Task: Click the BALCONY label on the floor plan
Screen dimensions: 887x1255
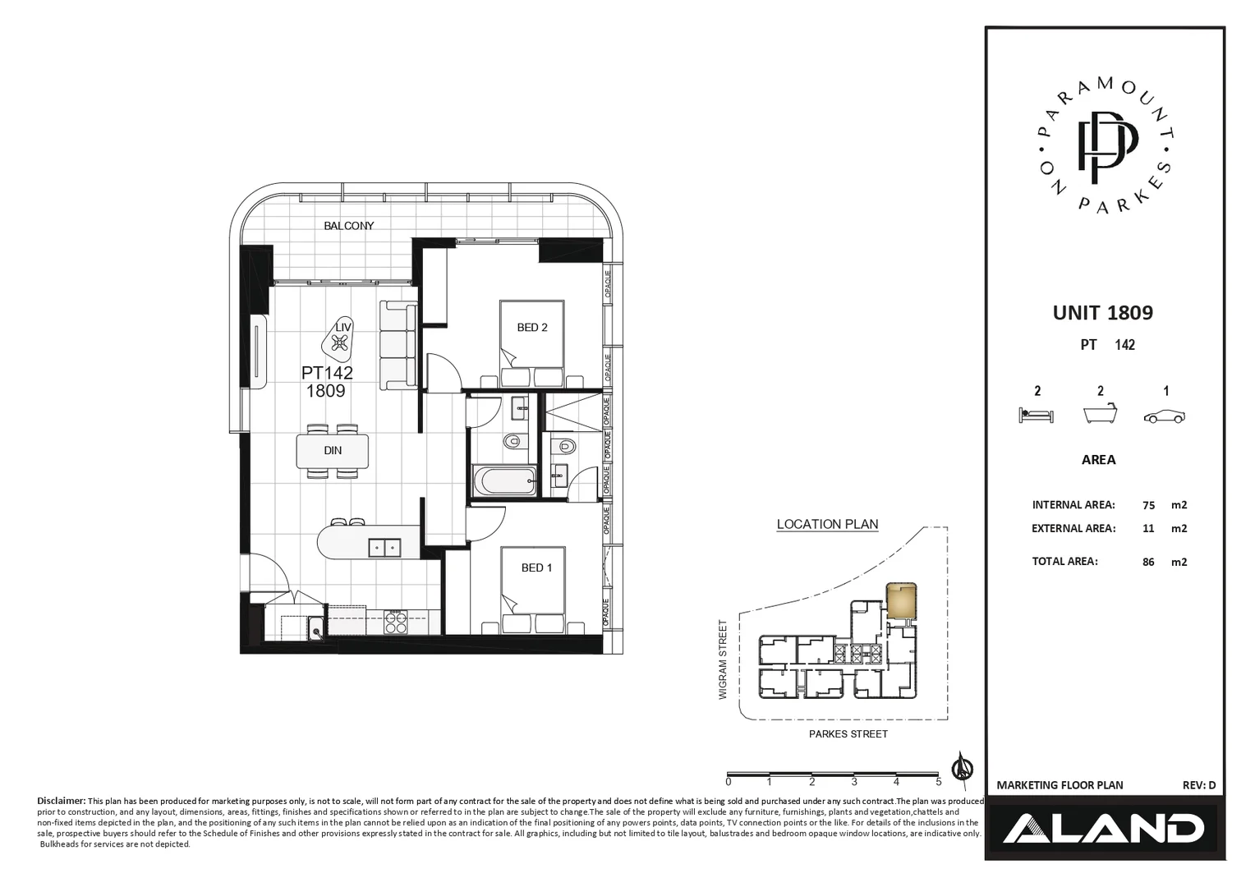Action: point(348,226)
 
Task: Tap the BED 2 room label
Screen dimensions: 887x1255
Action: point(532,328)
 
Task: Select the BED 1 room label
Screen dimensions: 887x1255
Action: point(536,568)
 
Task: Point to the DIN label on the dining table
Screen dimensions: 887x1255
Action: point(333,451)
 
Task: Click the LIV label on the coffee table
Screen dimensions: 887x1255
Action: point(343,328)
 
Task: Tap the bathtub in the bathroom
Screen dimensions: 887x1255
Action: point(504,480)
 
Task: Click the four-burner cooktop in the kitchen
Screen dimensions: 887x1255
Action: point(396,623)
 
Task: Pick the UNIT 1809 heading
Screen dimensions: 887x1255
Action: point(1102,313)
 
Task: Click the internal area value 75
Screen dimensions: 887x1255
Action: point(1148,506)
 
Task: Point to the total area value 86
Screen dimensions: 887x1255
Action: point(1148,563)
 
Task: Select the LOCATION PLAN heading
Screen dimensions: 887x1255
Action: point(827,525)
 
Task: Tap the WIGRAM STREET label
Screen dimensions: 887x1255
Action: point(724,660)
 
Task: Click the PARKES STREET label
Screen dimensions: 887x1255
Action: point(848,734)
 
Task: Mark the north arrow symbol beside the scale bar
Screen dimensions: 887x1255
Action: point(961,767)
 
